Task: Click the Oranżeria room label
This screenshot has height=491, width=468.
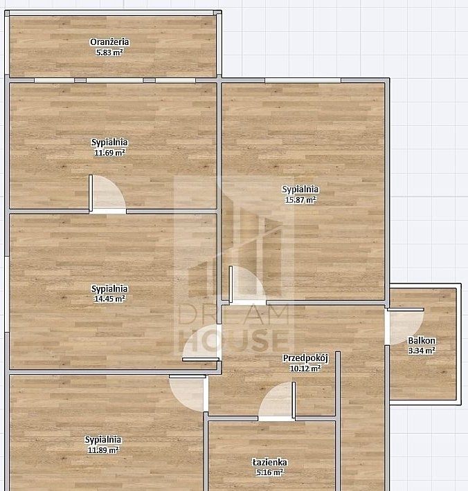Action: [x=109, y=42]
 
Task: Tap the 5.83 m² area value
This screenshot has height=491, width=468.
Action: [x=109, y=53]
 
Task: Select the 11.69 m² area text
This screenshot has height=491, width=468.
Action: [x=109, y=153]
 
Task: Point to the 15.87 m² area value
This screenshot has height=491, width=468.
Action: [x=300, y=200]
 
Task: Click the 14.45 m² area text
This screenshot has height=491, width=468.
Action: [x=109, y=299]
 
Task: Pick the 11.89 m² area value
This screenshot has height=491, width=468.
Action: [x=103, y=450]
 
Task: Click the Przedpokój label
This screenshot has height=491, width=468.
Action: [x=305, y=358]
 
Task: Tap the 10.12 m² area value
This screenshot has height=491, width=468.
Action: [x=305, y=369]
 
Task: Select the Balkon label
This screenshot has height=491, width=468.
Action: [x=422, y=340]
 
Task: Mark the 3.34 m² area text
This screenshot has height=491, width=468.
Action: [x=422, y=351]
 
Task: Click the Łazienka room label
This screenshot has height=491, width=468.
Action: [x=269, y=462]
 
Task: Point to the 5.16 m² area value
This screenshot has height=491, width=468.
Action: [x=269, y=472]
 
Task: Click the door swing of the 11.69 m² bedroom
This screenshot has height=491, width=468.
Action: [x=107, y=194]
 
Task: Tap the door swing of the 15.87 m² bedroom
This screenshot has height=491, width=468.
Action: [x=248, y=285]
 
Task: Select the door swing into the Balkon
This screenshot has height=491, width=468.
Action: [x=405, y=326]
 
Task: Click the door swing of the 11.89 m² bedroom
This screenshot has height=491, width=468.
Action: [x=188, y=393]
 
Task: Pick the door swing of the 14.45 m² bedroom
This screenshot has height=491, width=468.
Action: [x=201, y=342]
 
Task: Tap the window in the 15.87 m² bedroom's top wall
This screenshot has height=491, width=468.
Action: [x=303, y=80]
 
